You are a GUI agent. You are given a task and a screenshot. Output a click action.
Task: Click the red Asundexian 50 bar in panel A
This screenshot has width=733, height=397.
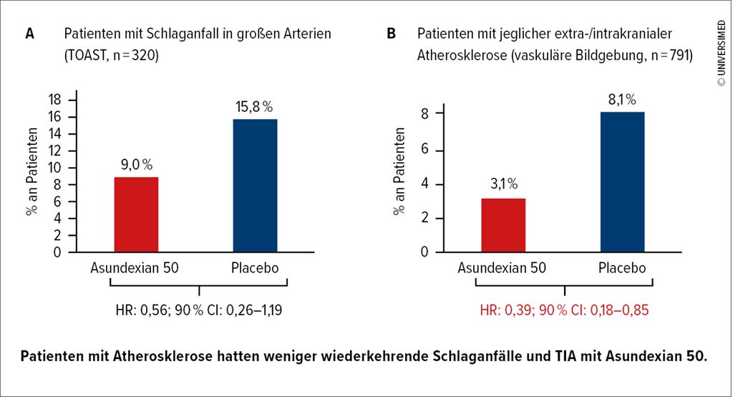coord(136,214)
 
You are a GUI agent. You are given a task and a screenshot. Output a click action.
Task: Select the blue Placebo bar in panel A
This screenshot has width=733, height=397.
coord(255,186)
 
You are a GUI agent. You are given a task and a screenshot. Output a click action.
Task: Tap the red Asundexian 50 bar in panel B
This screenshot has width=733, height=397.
coord(503,225)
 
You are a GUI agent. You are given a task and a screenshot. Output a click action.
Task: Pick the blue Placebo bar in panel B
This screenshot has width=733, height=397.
coord(622,182)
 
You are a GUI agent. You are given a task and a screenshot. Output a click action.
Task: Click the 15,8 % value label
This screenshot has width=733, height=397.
coord(255,107)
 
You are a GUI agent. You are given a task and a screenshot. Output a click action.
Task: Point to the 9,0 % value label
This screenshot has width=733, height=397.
coord(136,165)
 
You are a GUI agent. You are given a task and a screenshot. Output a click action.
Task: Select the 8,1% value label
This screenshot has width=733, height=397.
coord(621,100)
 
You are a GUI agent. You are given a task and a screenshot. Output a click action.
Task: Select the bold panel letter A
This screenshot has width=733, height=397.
coord(29,34)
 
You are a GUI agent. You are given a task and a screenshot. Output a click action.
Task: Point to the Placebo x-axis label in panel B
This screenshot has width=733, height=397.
coord(621,268)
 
